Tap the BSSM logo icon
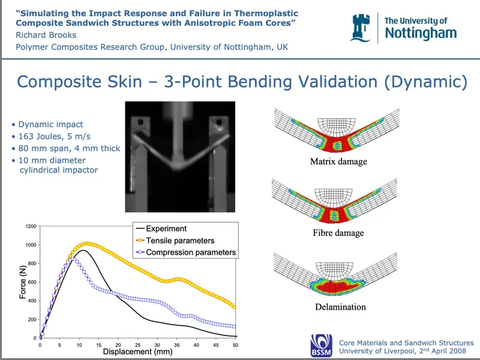point(321,345)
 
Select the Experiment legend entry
point(166,229)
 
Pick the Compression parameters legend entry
point(191,253)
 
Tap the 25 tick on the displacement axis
point(137,345)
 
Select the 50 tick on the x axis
point(235,345)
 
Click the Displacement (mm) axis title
point(137,353)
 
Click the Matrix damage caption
point(338,161)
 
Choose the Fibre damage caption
point(338,233)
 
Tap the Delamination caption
point(340,307)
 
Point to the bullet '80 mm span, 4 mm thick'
point(69,148)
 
